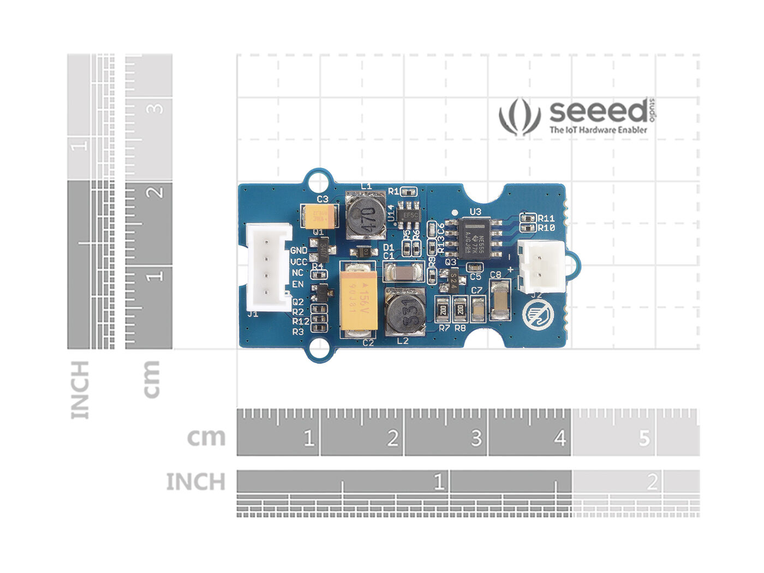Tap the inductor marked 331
click(405, 312)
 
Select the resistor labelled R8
click(460, 311)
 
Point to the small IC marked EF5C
click(409, 214)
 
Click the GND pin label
click(299, 250)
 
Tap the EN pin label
click(297, 284)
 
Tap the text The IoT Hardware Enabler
click(598, 130)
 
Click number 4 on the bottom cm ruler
click(560, 438)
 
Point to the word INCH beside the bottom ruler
click(195, 482)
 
